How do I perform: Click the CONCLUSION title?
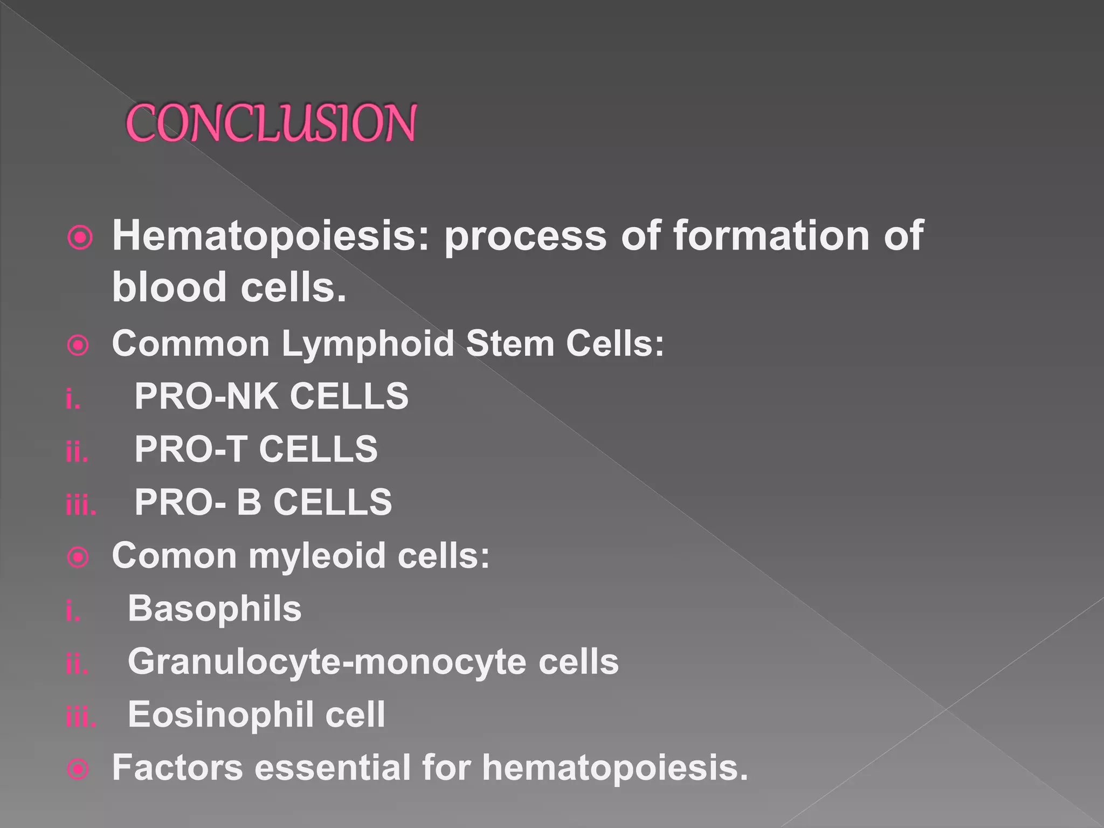(271, 123)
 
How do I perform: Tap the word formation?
(771, 236)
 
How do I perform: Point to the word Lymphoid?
(368, 344)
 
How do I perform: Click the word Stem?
(510, 344)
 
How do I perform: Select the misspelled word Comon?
(174, 556)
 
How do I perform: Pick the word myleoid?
(317, 556)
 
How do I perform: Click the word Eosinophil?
(220, 715)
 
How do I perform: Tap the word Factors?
(177, 768)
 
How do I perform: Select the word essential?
(332, 768)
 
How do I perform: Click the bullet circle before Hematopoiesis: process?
(80, 237)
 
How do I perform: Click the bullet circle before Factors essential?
(78, 769)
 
